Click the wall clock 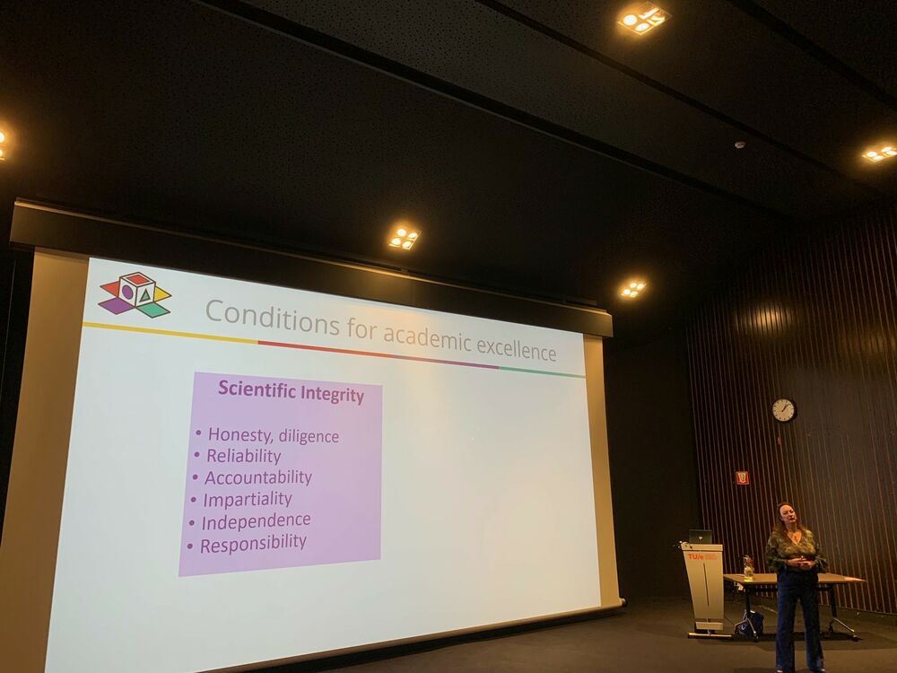784,410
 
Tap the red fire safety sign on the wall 742,477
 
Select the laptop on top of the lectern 701,537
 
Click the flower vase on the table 748,568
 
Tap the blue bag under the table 749,623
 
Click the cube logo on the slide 135,294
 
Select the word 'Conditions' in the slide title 273,318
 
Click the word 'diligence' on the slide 309,437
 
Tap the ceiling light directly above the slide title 405,238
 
